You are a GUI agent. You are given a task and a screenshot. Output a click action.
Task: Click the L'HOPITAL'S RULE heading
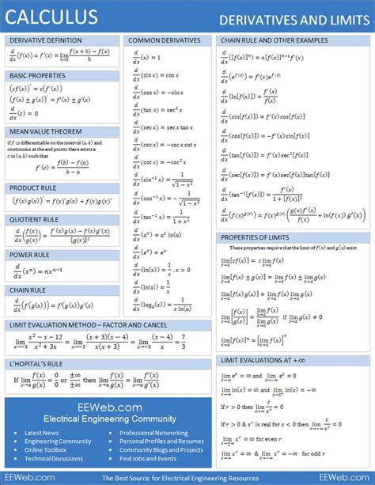pos(36,364)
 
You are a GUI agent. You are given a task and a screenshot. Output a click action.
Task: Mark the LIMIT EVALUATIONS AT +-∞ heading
pos(267,361)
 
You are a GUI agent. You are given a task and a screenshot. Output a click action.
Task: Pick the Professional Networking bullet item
pos(153,433)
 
